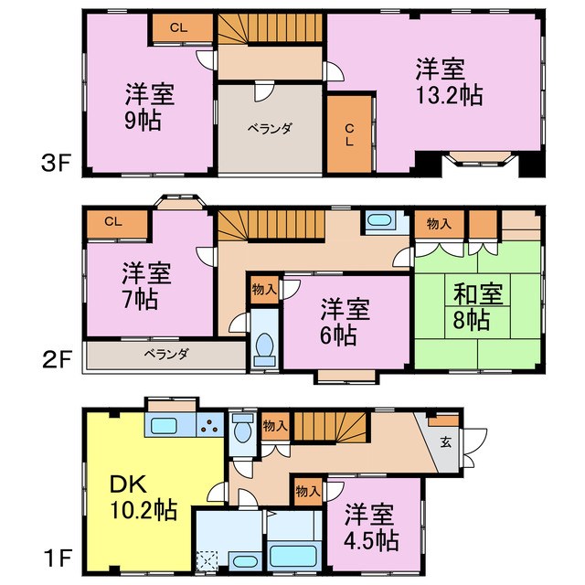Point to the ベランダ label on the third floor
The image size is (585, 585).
[x=270, y=129]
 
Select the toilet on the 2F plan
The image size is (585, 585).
[x=264, y=345]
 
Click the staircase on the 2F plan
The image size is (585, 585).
[x=272, y=224]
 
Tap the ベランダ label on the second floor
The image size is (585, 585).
[x=165, y=355]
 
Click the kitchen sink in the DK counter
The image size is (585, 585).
[x=166, y=426]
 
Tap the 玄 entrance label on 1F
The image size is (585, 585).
[x=445, y=441]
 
